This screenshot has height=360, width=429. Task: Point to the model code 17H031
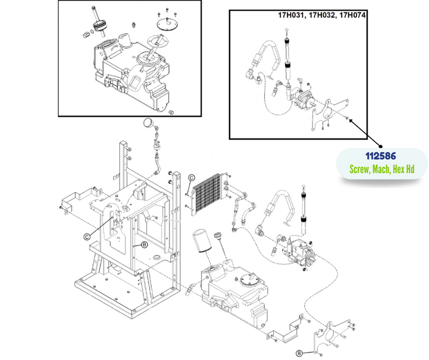coord(292,16)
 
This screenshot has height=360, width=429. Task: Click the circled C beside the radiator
coord(192,179)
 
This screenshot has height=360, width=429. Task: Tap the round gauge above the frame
coord(147,125)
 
